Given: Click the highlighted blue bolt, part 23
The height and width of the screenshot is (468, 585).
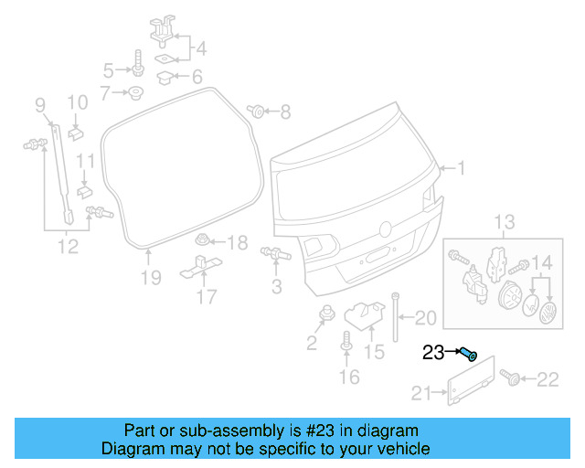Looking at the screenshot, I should (468, 354).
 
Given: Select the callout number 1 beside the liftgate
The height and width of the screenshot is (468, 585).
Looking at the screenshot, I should (462, 168).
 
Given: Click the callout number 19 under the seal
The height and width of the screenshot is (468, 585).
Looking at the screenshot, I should (151, 277).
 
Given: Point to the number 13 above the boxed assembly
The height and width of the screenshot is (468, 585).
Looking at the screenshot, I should (505, 222).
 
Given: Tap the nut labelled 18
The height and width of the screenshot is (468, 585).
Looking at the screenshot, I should (205, 242).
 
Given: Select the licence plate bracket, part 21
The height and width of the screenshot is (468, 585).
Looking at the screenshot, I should (471, 381).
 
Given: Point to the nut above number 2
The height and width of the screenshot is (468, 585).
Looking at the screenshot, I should (324, 315).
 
